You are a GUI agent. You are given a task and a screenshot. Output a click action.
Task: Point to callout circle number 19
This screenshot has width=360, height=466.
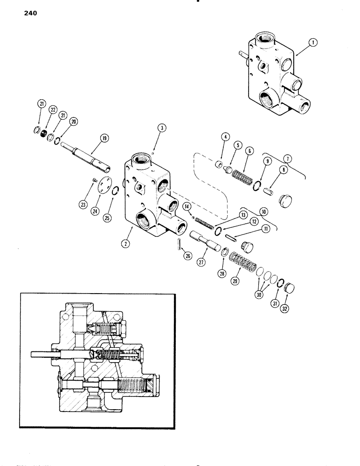coord(103,138)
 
